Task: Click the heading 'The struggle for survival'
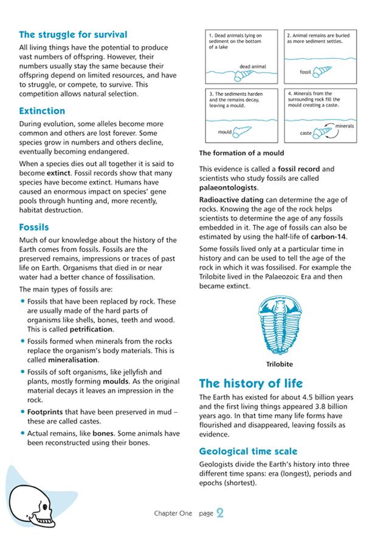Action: click(x=73, y=35)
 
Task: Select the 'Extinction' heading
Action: click(x=42, y=111)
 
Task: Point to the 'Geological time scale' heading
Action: click(x=249, y=451)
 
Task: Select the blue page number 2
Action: click(x=220, y=514)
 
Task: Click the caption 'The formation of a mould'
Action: click(x=241, y=152)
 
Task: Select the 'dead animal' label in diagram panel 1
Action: click(x=253, y=66)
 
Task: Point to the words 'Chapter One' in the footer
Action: click(x=173, y=514)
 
